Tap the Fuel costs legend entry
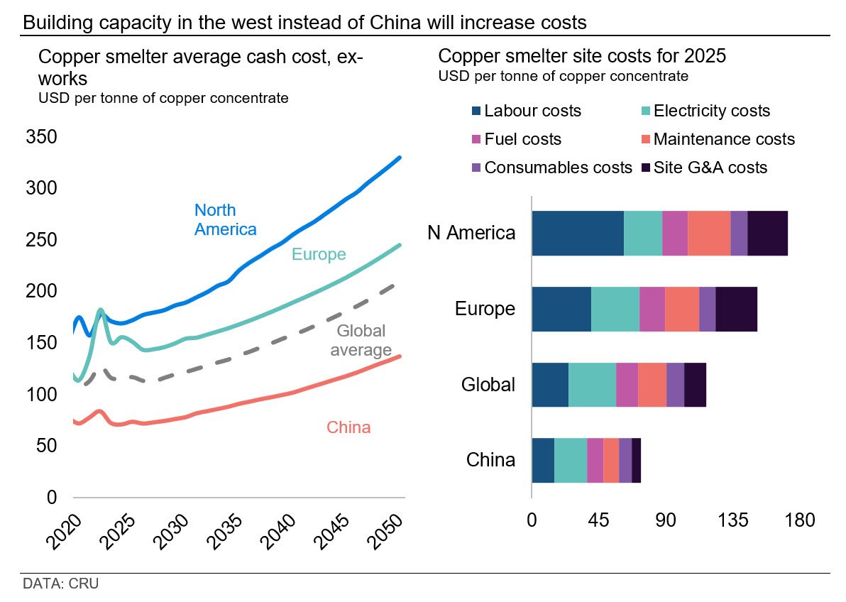point(522,140)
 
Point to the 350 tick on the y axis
point(41,138)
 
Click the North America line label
point(225,219)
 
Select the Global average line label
point(361,340)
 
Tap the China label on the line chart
point(348,427)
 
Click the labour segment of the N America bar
point(577,233)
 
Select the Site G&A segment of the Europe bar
point(736,309)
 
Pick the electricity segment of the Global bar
point(592,384)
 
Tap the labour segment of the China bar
point(542,460)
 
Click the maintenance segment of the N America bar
point(708,233)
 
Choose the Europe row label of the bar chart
point(485,309)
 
